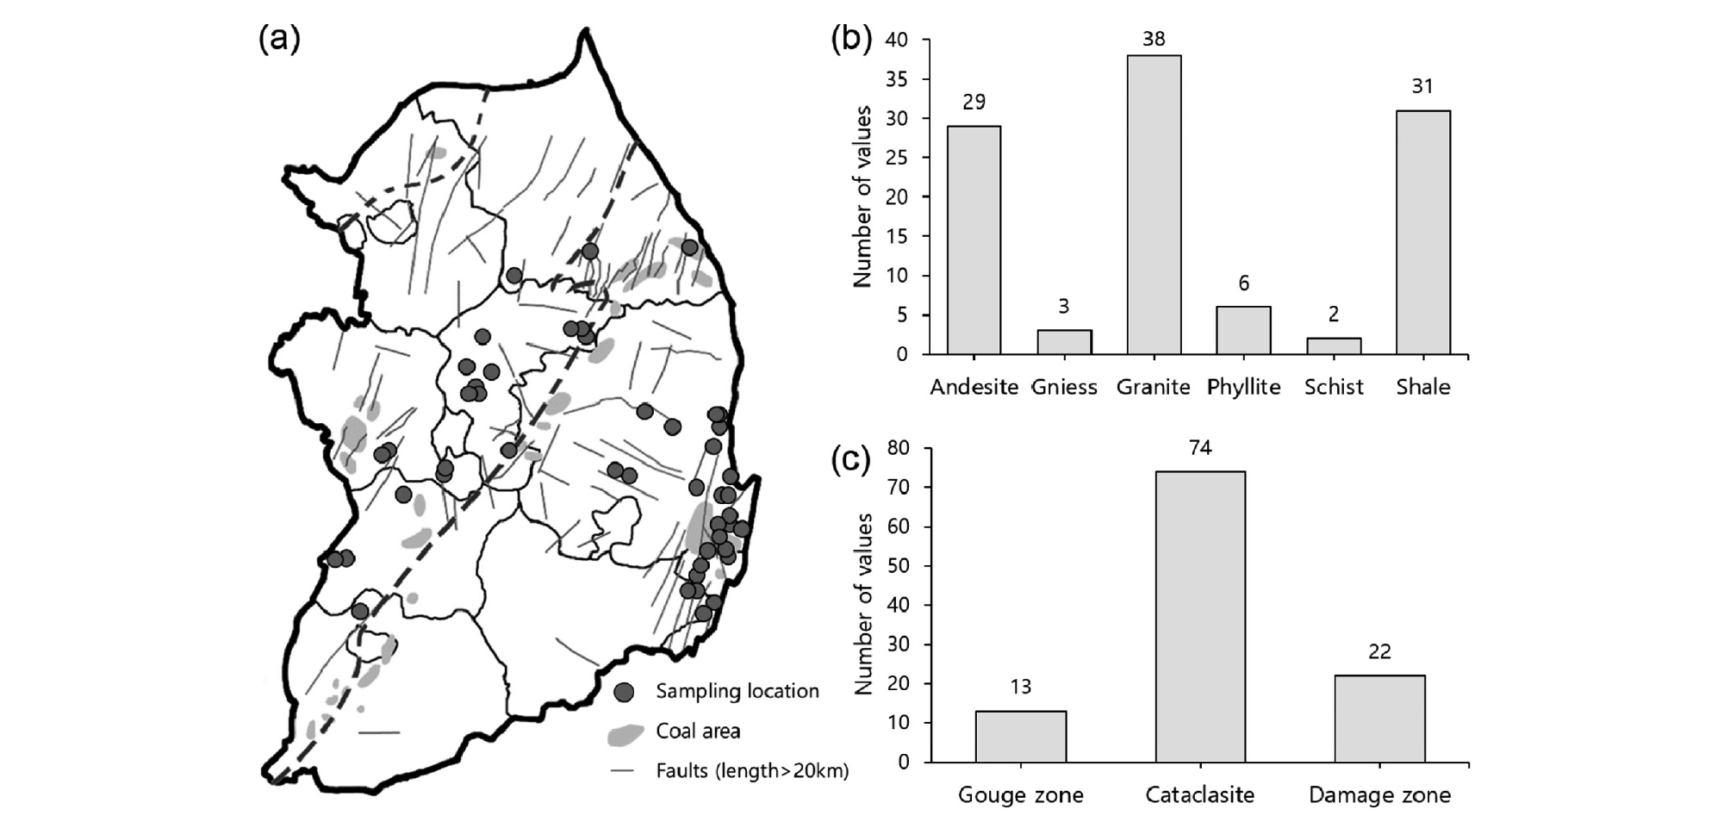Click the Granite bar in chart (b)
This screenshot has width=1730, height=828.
point(1154,205)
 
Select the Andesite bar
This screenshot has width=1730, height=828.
point(974,240)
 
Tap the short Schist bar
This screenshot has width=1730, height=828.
point(1333,346)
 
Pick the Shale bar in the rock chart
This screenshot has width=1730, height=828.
point(1422,233)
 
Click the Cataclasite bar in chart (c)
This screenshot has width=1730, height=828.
point(1199,617)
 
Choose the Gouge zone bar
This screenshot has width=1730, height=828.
point(1020,737)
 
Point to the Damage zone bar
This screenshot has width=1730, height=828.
point(1378,719)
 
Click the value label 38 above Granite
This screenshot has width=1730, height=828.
point(1154,39)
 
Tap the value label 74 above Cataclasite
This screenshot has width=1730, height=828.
point(1199,448)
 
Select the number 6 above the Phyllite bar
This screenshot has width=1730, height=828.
point(1243,283)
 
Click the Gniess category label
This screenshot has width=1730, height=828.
point(1064,387)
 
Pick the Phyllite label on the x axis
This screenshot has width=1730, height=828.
point(1243,387)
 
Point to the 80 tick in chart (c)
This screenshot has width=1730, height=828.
point(898,448)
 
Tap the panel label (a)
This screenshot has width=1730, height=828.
point(279,39)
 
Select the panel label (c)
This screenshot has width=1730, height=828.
point(850,460)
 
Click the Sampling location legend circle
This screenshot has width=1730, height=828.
point(625,691)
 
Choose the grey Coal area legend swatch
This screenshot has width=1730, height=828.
point(625,733)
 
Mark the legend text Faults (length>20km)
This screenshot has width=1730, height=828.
point(752,770)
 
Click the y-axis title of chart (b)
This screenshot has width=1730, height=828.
point(863,196)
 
